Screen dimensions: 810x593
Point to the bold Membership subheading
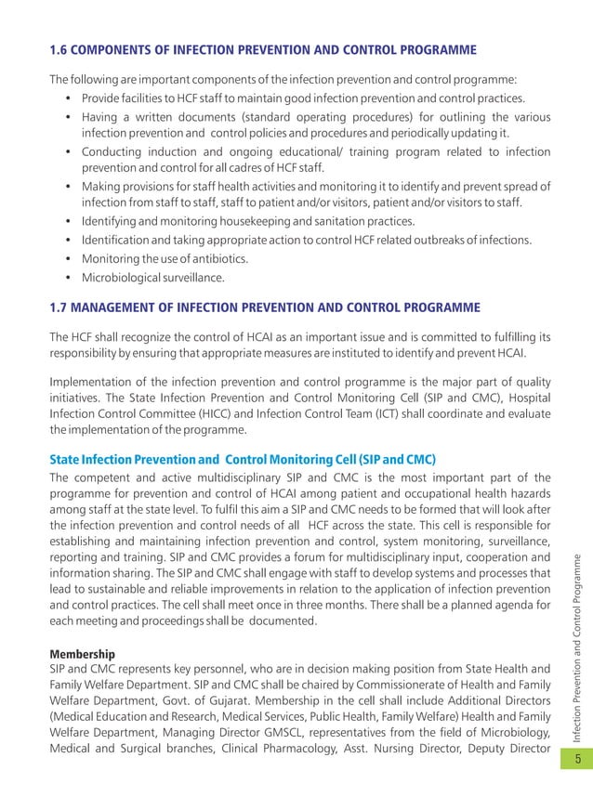point(83,654)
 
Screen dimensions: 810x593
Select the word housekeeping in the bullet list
point(251,221)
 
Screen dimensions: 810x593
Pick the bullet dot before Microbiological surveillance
point(71,277)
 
